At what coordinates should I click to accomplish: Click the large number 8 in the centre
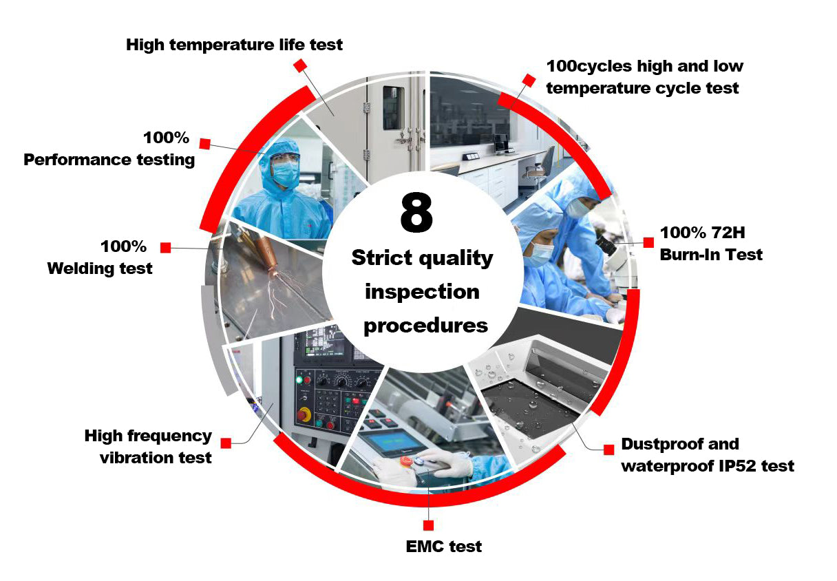click(416, 212)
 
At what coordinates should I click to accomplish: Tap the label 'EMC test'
click(443, 547)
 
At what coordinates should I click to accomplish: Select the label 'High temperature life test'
click(234, 45)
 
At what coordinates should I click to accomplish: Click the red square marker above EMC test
click(428, 525)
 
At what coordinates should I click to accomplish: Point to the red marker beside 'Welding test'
click(165, 247)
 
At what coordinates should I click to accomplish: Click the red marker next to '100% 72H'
click(648, 242)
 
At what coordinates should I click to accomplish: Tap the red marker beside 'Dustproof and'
click(608, 450)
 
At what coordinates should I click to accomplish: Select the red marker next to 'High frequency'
click(226, 443)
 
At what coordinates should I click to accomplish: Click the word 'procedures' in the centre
click(425, 326)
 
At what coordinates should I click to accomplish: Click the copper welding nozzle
click(266, 254)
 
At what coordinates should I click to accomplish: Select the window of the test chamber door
click(393, 108)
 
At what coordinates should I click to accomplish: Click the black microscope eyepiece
click(605, 243)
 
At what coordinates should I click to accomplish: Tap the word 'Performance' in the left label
click(76, 160)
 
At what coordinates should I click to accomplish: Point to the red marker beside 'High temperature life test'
click(300, 65)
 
